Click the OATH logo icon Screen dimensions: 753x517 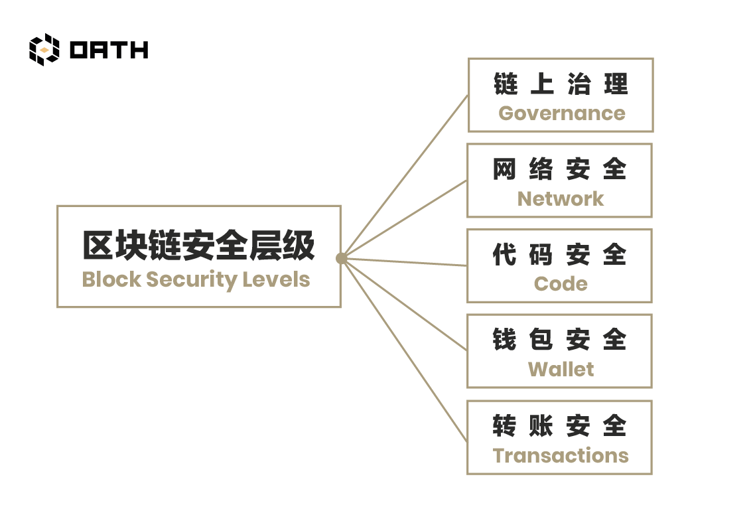click(44, 50)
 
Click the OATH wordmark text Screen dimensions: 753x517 click(109, 50)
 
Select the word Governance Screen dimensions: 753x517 click(562, 114)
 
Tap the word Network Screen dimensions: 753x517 click(561, 199)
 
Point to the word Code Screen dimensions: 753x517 click(561, 284)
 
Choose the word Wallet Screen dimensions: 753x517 click(561, 370)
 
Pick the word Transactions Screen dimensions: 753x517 click(561, 455)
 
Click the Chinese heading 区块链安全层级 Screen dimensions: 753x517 click(199, 245)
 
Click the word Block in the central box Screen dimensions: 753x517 click(111, 279)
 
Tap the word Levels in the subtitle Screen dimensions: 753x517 click(276, 279)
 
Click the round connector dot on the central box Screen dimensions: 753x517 click(342, 259)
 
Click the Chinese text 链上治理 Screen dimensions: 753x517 click(561, 84)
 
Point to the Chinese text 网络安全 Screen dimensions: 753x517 click(560, 169)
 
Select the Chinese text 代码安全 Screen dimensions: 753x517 click(560, 254)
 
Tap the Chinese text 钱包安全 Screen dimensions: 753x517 click(560, 339)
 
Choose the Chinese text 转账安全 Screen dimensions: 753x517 click(560, 425)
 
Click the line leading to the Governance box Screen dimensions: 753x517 click(405, 177)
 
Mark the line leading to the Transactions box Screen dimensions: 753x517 click(404, 350)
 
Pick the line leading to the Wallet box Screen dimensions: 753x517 click(404, 305)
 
